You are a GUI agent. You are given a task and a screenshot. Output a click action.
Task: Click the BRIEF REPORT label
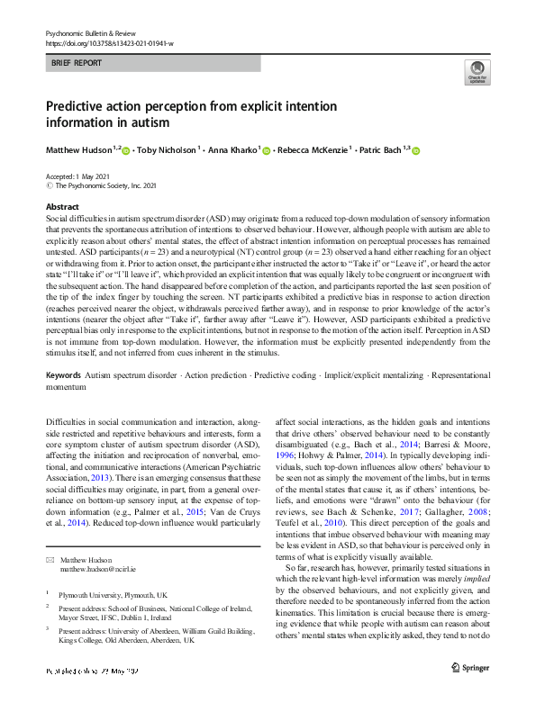[77, 63]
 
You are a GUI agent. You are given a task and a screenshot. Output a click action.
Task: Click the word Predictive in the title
[83, 105]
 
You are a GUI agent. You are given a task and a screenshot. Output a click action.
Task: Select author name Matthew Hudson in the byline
[79, 150]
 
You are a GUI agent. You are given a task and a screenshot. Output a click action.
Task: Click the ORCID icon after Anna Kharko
[266, 150]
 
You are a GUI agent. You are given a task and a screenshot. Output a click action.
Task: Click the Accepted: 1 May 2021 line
[82, 176]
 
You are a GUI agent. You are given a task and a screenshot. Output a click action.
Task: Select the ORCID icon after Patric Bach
[416, 150]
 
